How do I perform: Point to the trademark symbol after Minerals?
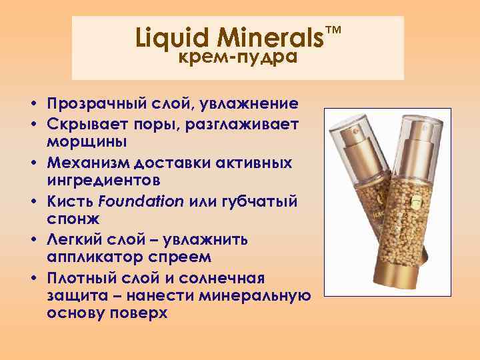(333, 31)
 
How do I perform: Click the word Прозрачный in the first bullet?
(93, 105)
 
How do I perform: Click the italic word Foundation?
(144, 200)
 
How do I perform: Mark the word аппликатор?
(90, 256)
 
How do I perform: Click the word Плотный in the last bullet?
(80, 276)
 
